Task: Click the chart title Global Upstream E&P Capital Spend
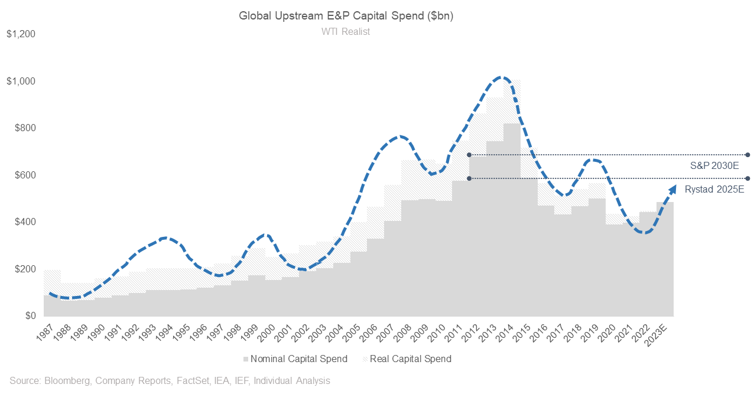[x=346, y=16]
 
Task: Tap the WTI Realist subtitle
[x=346, y=32]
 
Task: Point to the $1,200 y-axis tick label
[x=21, y=34]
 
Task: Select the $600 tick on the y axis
[x=25, y=175]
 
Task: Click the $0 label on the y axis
[x=31, y=317]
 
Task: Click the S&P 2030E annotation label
[x=714, y=166]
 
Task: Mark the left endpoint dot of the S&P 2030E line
[x=469, y=155]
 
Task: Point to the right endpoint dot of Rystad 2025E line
[x=747, y=178]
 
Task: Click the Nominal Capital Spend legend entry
[x=295, y=359]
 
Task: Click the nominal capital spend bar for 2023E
[x=665, y=260]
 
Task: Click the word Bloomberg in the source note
[x=66, y=381]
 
